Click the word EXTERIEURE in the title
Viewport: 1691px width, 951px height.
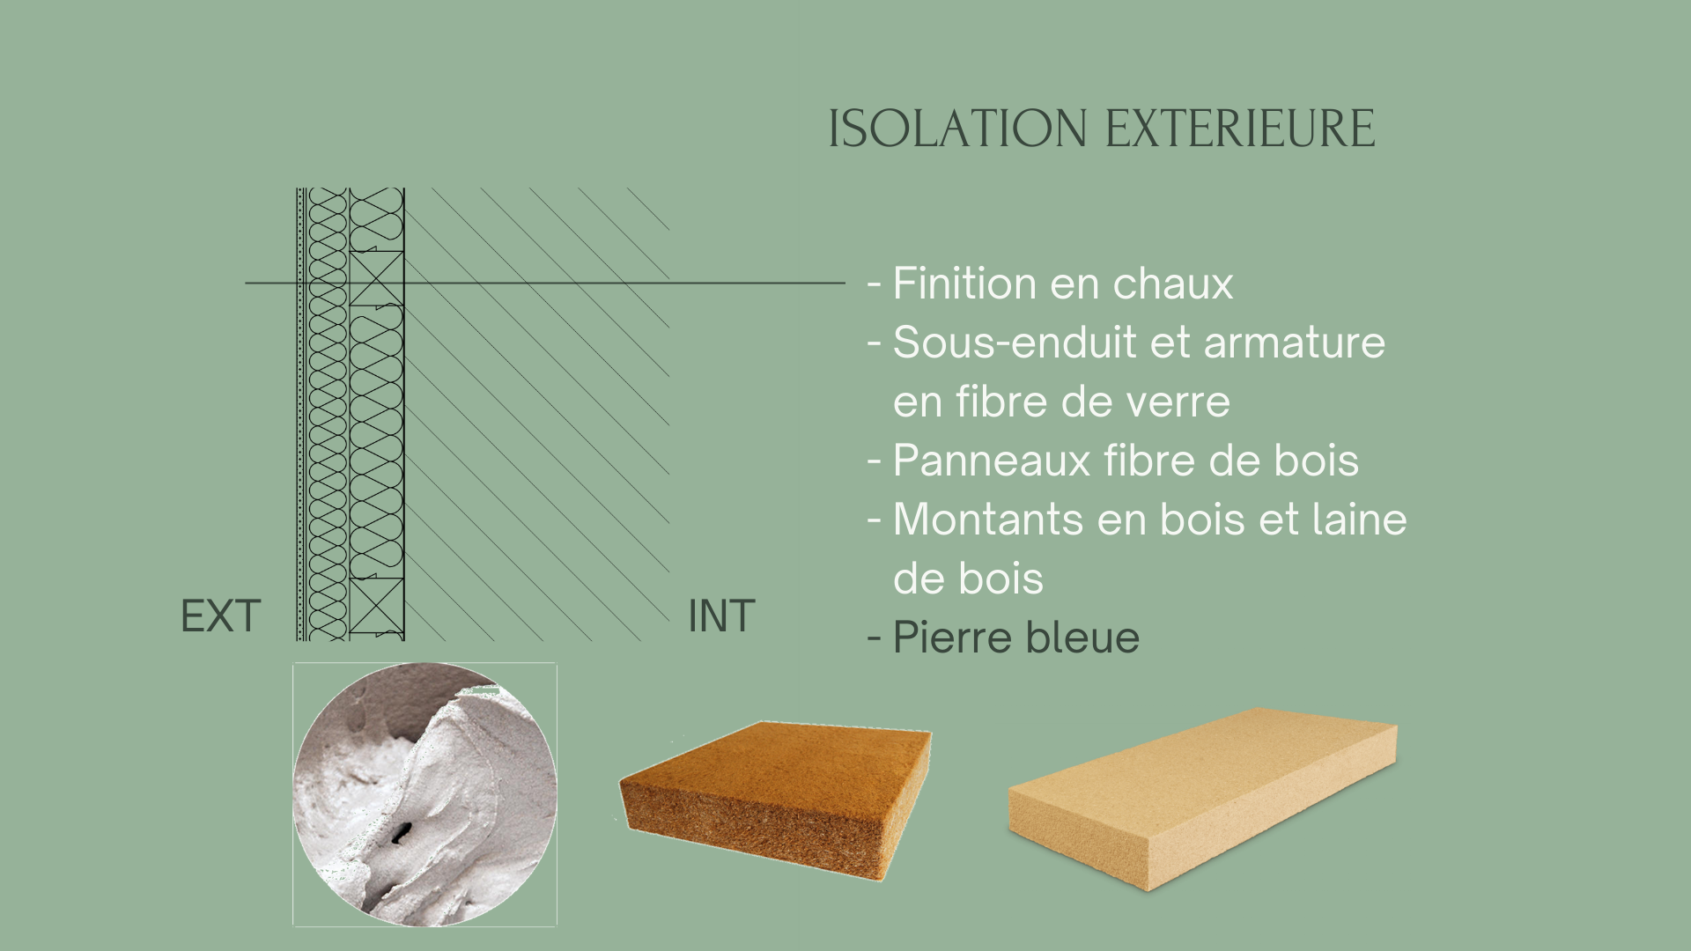tap(1240, 129)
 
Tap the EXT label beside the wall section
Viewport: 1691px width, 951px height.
tap(220, 616)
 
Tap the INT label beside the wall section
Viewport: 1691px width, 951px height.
tap(721, 616)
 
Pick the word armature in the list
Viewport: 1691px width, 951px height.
tap(1295, 343)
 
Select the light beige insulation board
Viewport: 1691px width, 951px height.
tap(1202, 797)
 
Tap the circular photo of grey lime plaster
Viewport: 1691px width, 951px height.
tap(425, 794)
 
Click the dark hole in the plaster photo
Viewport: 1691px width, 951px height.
tap(402, 831)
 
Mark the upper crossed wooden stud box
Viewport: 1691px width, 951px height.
tap(377, 278)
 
